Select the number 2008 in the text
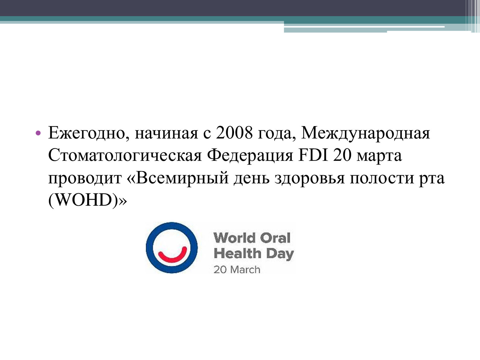point(234,133)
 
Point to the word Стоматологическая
point(125,156)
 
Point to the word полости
point(382,179)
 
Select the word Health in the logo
point(237,253)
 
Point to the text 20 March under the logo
point(237,270)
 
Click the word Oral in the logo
point(275,238)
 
